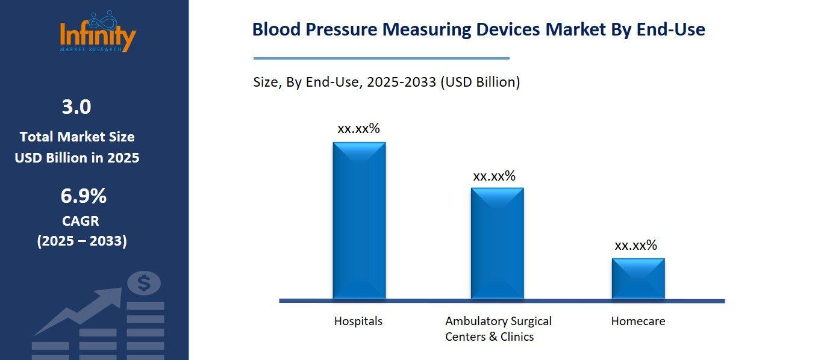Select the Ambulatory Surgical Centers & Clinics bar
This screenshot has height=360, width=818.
[497, 243]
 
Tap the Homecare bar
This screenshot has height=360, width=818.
[638, 278]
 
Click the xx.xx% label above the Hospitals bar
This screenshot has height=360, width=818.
[358, 128]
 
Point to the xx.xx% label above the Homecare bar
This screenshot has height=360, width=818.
[635, 245]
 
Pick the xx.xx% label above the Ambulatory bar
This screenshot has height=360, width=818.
[494, 176]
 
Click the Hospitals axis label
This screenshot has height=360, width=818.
[358, 321]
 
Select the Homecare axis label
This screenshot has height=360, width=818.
[638, 321]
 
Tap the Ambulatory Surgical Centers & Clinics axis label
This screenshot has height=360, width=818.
[498, 329]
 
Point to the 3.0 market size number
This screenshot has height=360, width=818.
[76, 107]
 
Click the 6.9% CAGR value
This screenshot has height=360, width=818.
[83, 196]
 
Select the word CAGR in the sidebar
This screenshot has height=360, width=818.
[81, 221]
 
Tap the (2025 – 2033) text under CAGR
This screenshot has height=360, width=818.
[82, 241]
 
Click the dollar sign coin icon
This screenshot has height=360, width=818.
[143, 283]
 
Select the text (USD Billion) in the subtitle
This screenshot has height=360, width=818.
[479, 82]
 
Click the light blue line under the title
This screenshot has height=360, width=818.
[381, 58]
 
